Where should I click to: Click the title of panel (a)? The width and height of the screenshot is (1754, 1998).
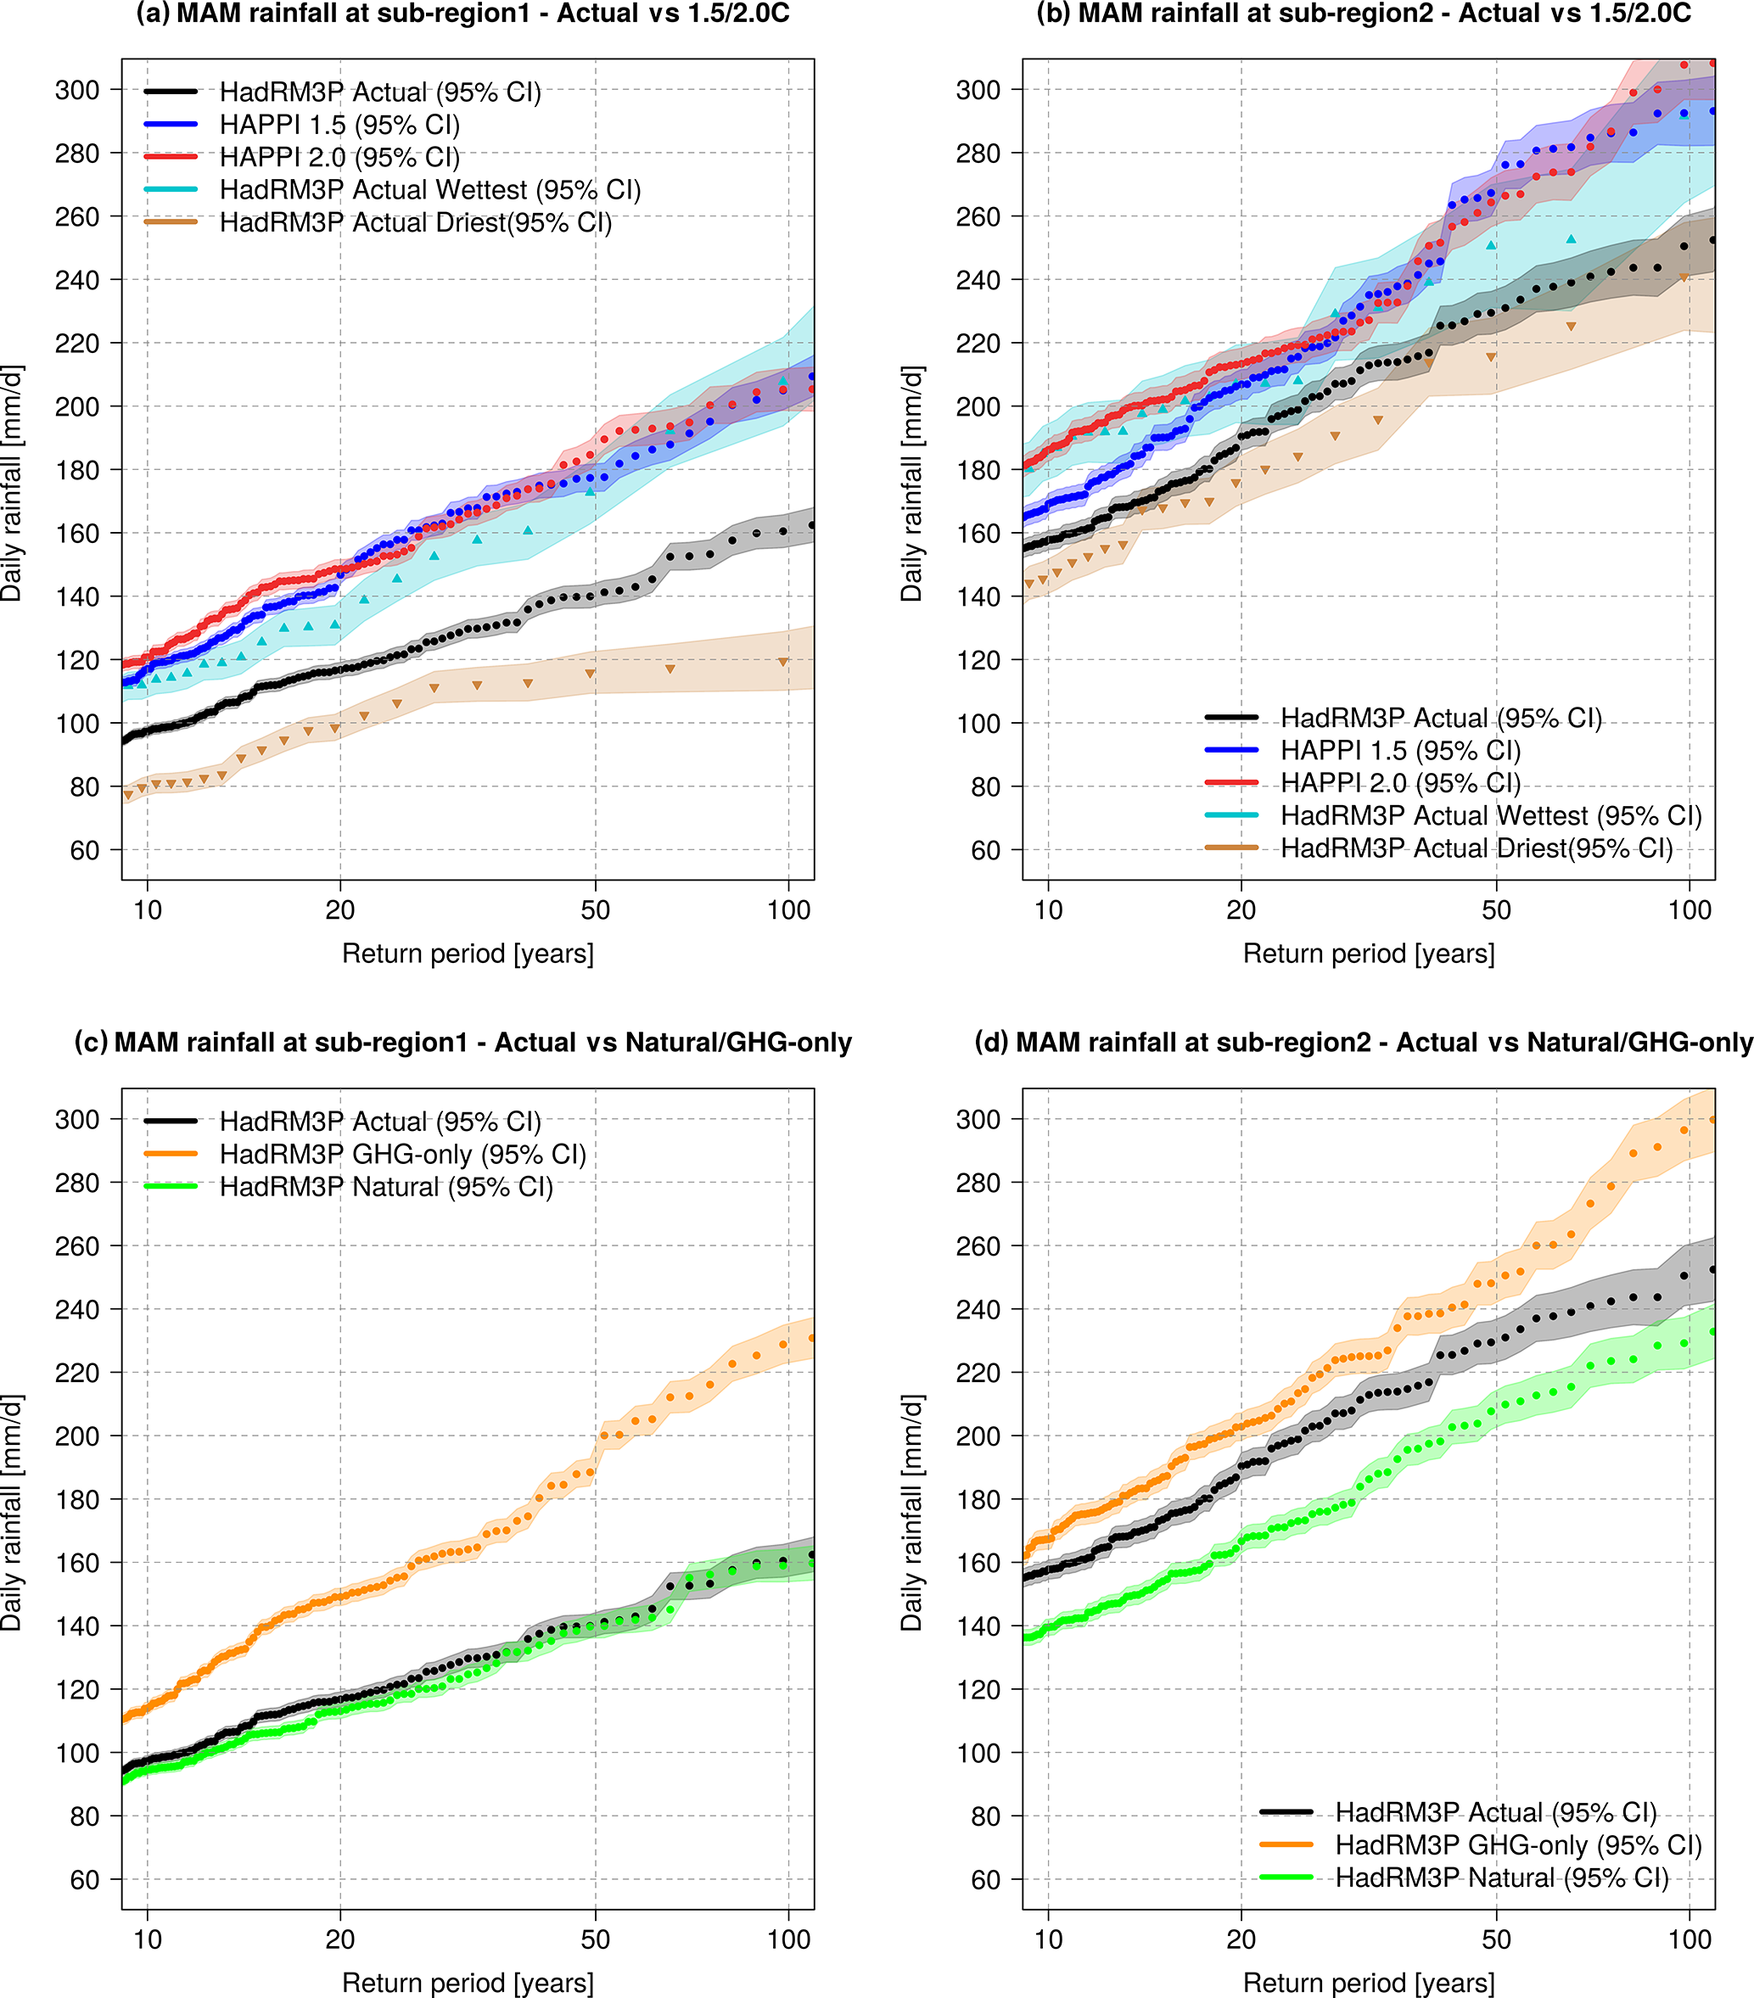pyautogui.click(x=462, y=14)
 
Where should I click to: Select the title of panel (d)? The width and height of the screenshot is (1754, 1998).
pyautogui.click(x=1364, y=1043)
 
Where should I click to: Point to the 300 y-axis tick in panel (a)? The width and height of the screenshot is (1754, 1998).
pyautogui.click(x=78, y=90)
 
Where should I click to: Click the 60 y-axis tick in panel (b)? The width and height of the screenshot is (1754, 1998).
pyautogui.click(x=984, y=850)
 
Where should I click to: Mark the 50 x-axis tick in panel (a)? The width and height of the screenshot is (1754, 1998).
pyautogui.click(x=596, y=910)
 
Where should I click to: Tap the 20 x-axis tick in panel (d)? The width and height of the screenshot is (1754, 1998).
pyautogui.click(x=1241, y=1939)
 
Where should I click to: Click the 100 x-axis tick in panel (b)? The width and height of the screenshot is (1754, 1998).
pyautogui.click(x=1690, y=910)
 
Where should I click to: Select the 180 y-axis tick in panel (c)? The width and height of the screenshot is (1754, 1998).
pyautogui.click(x=78, y=1499)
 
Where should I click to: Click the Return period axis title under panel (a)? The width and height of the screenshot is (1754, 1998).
pyautogui.click(x=468, y=954)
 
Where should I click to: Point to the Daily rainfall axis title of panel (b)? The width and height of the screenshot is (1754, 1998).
pyautogui.click(x=911, y=484)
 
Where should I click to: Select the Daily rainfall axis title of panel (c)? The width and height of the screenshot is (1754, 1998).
pyautogui.click(x=11, y=1514)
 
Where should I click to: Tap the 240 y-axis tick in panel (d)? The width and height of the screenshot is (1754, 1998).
pyautogui.click(x=978, y=1310)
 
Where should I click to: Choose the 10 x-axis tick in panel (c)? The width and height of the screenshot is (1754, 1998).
pyautogui.click(x=148, y=1939)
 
